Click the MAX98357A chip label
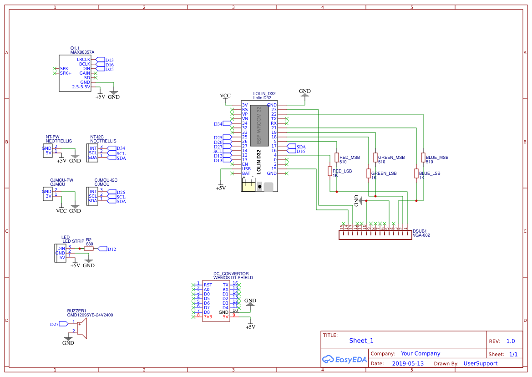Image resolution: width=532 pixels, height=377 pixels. [82, 52]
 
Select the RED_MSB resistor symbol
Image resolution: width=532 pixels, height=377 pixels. [337, 158]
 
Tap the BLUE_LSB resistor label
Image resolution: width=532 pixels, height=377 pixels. [429, 173]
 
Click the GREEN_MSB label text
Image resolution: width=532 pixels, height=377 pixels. [391, 158]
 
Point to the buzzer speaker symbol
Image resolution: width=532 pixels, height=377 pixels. [81, 327]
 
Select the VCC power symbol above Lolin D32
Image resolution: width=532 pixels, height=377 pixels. [225, 96]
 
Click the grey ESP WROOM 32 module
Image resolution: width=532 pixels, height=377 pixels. [259, 126]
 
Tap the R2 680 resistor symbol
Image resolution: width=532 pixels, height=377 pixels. [89, 249]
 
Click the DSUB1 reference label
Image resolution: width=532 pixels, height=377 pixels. [420, 231]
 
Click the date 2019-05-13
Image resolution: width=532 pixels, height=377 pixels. [407, 364]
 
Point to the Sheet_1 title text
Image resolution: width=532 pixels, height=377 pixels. [361, 341]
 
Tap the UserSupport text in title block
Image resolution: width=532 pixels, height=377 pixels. [480, 364]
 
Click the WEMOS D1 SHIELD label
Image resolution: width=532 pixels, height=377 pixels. [233, 277]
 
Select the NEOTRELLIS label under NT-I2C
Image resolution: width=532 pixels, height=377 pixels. [103, 141]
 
